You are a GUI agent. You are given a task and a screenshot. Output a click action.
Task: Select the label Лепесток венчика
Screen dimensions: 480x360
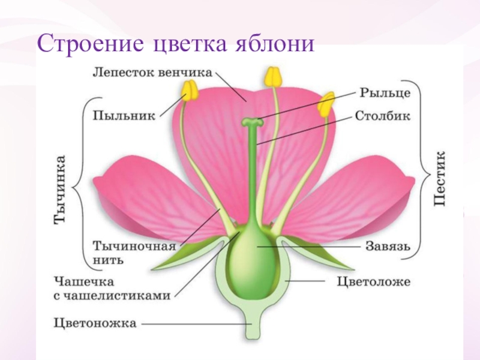pos(152,73)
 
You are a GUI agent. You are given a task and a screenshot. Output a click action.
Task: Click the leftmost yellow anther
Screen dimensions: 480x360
pos(190,91)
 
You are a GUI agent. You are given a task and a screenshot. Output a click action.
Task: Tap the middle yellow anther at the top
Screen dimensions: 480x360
pos(272,77)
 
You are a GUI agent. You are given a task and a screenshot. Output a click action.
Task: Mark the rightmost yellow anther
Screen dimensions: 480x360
pos(326,104)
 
